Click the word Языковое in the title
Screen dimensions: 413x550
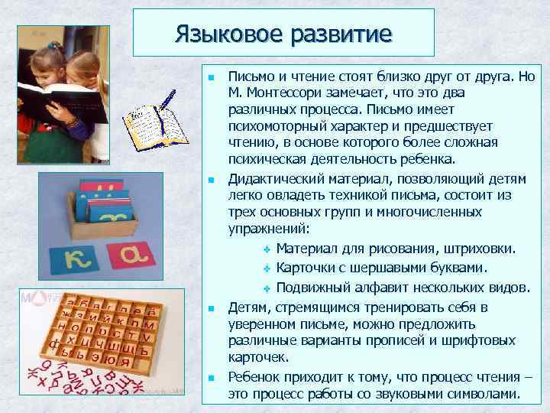223,33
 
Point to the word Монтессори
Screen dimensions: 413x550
290,93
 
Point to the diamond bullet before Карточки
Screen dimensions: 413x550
267,268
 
